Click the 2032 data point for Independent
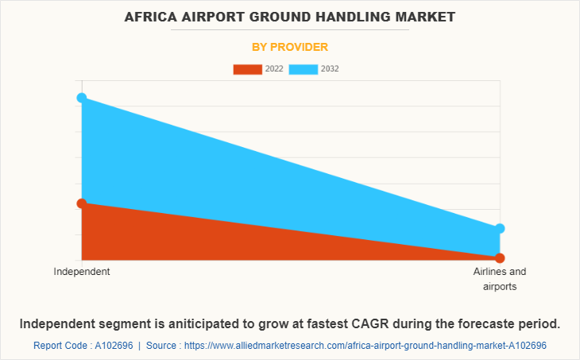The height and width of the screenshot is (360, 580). (82, 98)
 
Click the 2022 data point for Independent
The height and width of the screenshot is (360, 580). (82, 203)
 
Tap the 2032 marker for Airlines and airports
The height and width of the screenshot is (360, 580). (500, 229)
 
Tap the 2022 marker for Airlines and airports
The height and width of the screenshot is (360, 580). (500, 257)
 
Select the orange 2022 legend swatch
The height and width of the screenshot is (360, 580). (247, 69)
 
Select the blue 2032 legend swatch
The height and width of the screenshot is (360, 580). (304, 69)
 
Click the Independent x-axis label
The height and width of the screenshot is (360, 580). (82, 272)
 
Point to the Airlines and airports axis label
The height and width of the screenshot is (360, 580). (500, 279)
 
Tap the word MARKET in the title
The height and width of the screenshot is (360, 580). (423, 17)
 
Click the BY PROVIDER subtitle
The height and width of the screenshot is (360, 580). (290, 47)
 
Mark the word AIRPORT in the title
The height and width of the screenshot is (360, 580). (213, 17)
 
